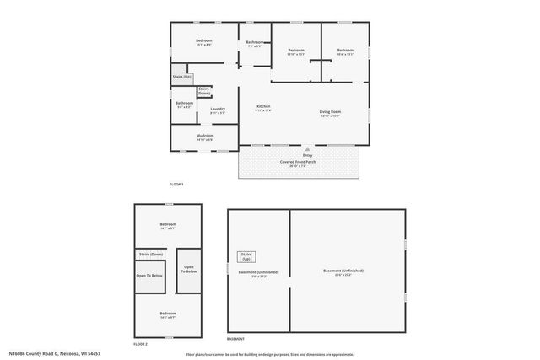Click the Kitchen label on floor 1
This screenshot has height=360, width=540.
[263, 107]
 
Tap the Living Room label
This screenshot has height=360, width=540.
[329, 113]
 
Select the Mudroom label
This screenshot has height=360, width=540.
[205, 137]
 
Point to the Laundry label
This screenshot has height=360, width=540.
[217, 110]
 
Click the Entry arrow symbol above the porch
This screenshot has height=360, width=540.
[307, 148]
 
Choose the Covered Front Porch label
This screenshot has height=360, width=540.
[300, 162]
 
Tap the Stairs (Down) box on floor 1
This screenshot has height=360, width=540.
[204, 91]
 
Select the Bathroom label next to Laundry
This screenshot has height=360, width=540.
[184, 105]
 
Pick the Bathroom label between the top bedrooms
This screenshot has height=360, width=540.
[254, 43]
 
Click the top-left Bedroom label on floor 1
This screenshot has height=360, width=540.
[204, 42]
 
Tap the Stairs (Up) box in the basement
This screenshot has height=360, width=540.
[247, 255]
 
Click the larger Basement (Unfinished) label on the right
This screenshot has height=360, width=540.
[343, 271]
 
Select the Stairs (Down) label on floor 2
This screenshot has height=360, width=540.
[151, 254]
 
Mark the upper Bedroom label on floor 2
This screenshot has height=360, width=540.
[168, 225]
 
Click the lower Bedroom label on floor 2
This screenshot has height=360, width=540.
[168, 314]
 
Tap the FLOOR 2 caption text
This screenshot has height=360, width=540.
[140, 345]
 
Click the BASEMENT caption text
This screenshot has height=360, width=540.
[235, 339]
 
